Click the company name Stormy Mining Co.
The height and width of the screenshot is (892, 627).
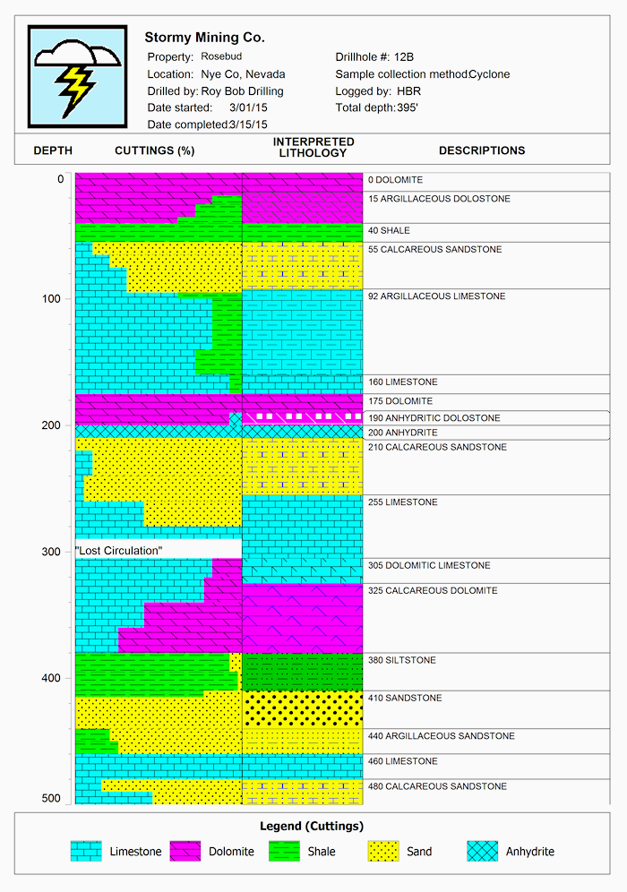click(x=204, y=38)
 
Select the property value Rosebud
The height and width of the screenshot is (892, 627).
click(x=221, y=56)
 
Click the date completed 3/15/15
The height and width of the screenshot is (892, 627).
click(x=248, y=124)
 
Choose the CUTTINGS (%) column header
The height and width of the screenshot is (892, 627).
click(x=154, y=150)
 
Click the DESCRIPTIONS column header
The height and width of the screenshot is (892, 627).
click(x=482, y=150)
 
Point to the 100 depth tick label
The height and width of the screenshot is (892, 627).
click(x=54, y=298)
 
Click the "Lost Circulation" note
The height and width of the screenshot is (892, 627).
click(x=119, y=549)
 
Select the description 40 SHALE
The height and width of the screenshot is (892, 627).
click(x=389, y=231)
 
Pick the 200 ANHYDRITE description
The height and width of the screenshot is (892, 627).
click(x=403, y=433)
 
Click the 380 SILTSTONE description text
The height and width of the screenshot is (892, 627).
click(x=402, y=660)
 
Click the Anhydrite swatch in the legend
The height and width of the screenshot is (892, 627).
click(x=482, y=851)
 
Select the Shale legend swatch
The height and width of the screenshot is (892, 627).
click(x=284, y=851)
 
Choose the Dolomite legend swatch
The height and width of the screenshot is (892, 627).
click(x=185, y=851)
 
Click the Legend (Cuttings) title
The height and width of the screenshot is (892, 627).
click(x=311, y=826)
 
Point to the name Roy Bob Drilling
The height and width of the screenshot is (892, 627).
click(x=242, y=91)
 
